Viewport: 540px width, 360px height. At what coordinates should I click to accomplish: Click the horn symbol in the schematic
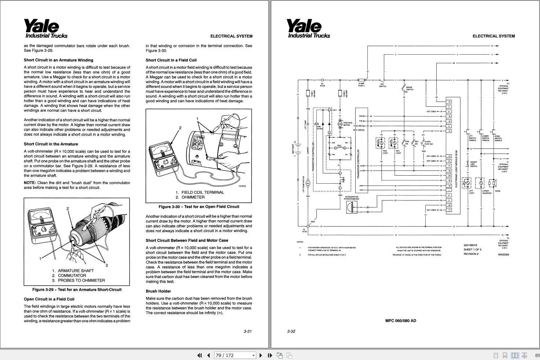coord(493,183)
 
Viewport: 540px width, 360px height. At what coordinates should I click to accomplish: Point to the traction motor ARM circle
coord(340,124)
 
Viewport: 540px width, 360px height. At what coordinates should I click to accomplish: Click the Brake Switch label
coord(409,89)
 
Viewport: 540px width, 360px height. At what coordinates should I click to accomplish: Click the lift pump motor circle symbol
coord(308,183)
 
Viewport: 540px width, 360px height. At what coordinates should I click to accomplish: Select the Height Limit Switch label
coord(474,164)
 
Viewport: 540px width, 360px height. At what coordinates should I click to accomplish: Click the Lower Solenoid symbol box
coord(480,183)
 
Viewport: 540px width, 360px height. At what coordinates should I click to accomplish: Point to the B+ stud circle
coord(322,80)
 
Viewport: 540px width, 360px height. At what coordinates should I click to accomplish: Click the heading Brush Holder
coord(158,291)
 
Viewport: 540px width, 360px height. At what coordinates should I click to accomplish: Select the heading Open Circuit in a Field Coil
coord(49,299)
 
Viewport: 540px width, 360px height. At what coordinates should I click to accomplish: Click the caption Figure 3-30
coord(198,207)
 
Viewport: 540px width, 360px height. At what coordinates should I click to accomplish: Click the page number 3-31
coord(247,331)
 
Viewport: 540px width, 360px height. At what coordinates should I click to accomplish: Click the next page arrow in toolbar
coord(261,355)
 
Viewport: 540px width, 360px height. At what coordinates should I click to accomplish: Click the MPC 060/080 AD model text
coord(400,321)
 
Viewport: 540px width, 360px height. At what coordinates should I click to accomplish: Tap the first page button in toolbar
coord(199,355)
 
